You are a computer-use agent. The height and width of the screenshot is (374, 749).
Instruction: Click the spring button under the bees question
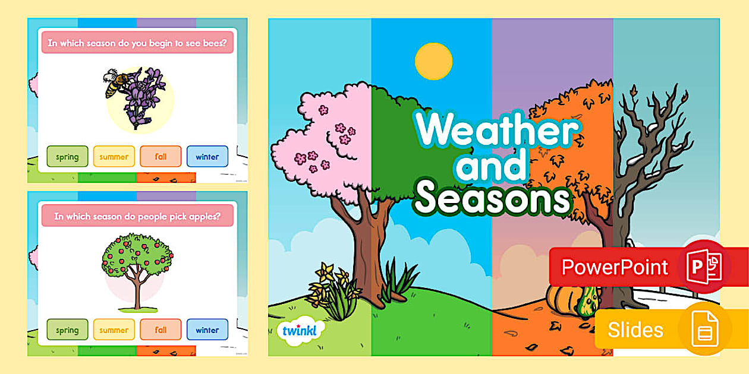[x=67, y=157]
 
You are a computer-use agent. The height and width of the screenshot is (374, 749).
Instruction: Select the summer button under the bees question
[x=114, y=157]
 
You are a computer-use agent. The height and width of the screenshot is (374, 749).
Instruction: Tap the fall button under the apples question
[x=160, y=330]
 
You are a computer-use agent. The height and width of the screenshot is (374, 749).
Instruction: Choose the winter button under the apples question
[x=207, y=330]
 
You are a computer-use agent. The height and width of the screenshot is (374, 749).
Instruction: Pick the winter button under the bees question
[x=207, y=157]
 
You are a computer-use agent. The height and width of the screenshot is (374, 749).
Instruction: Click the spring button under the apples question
[x=67, y=330]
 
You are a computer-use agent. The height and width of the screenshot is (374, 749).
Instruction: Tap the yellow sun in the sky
[x=433, y=61]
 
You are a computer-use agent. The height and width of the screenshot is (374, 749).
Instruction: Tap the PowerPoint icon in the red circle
[x=704, y=267]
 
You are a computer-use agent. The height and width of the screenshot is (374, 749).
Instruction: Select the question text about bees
[x=137, y=43]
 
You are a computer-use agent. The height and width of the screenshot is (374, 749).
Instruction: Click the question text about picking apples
[x=137, y=216]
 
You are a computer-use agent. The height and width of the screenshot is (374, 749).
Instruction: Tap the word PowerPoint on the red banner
[x=615, y=267]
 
